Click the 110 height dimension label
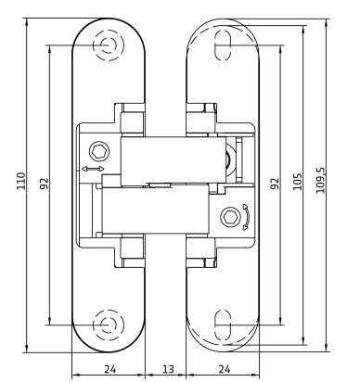coord(21,181)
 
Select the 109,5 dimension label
coord(320,181)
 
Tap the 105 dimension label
coord(297,182)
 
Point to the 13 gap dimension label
coord(168,369)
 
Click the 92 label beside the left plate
coord(45,183)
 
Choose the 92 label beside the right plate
coord(275,184)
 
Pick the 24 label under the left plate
coord(109,369)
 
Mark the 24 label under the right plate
coord(225,369)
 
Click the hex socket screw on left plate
coord(99,152)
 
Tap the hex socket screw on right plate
coord(231,217)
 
